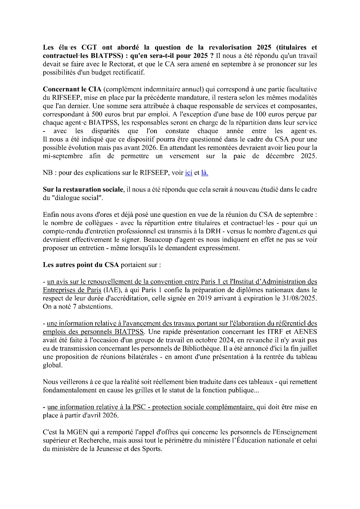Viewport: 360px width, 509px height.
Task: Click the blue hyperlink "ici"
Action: click(x=188, y=173)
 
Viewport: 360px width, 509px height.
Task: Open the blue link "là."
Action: click(x=205, y=173)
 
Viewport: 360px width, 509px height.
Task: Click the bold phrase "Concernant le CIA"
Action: click(x=72, y=89)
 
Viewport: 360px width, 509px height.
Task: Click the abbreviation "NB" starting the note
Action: click(x=48, y=173)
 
